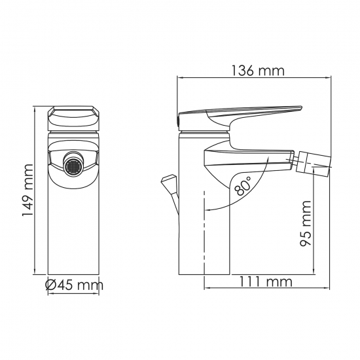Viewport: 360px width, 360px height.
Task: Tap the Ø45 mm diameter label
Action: tap(74, 285)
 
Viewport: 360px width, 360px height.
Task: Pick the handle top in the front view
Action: tap(73, 118)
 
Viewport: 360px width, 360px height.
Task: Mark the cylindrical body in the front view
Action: tap(73, 229)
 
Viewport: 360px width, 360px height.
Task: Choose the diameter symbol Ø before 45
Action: tap(52, 285)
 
